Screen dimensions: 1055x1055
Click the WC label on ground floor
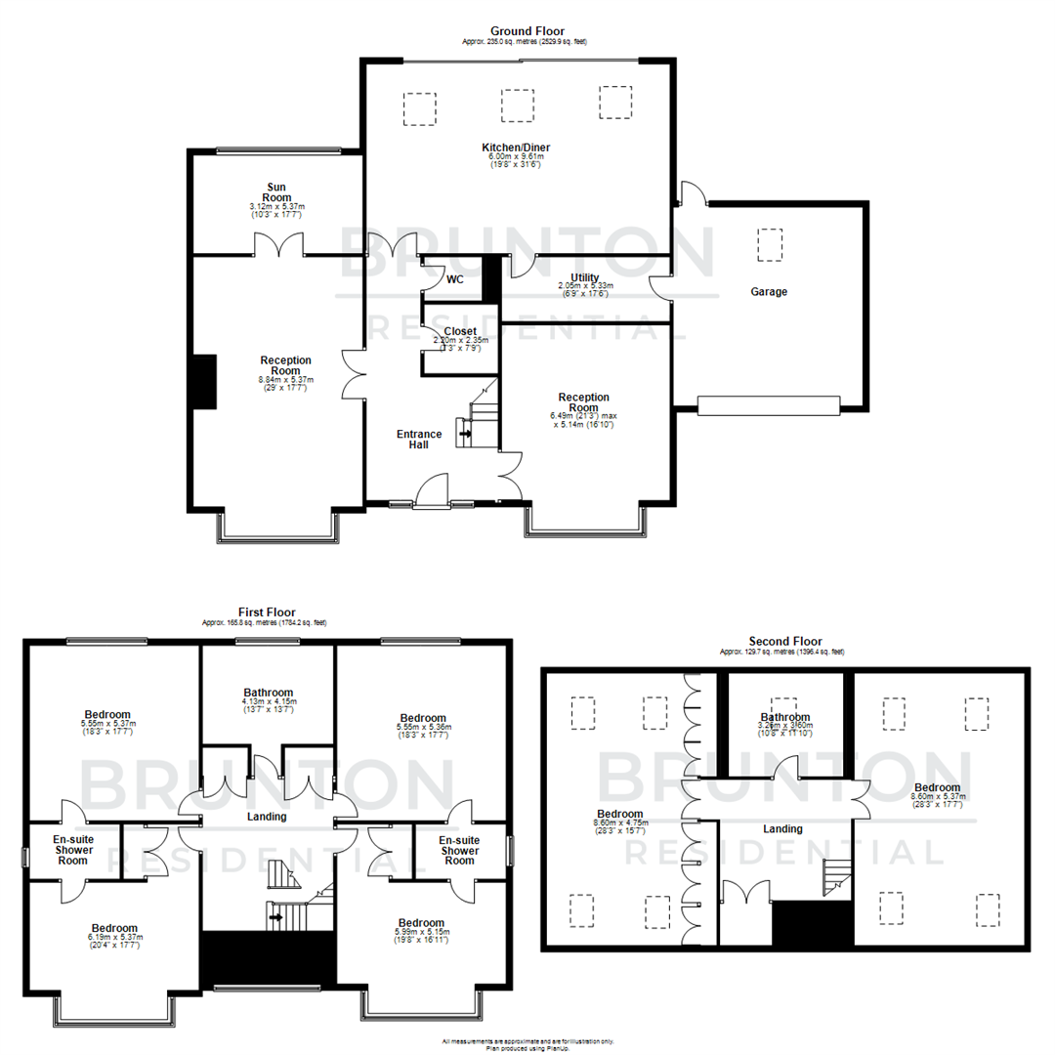pos(455,279)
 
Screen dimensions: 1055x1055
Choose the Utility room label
pos(585,278)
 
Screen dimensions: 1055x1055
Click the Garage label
pos(769,291)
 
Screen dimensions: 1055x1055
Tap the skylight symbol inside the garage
pos(770,243)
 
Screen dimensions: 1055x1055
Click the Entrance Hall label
pos(418,439)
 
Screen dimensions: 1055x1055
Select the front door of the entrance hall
pos(431,491)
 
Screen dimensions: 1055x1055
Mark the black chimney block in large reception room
pos(204,382)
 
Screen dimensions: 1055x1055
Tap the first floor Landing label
pos(267,816)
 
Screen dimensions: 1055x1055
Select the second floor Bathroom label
pos(785,717)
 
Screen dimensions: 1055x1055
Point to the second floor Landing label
pos(782,828)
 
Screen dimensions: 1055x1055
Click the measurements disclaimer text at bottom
pos(527,1041)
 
